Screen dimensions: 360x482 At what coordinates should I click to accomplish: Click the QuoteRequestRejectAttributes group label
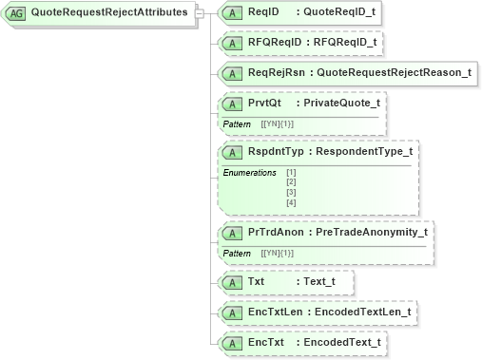[108, 13]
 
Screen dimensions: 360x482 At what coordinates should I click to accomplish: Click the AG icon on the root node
[17, 13]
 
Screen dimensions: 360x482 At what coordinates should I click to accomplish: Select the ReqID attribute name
[263, 12]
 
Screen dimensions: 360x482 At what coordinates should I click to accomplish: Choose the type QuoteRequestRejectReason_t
[394, 72]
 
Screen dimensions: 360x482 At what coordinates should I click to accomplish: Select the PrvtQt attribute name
[263, 103]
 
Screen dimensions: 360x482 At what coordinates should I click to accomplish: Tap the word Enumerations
[249, 173]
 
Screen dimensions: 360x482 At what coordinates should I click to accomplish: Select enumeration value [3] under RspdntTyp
[291, 193]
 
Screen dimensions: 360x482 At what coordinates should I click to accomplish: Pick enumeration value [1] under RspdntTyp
[291, 173]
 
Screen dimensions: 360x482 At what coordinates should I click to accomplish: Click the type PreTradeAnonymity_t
[372, 232]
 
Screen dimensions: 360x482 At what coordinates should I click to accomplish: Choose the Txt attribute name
[257, 282]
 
